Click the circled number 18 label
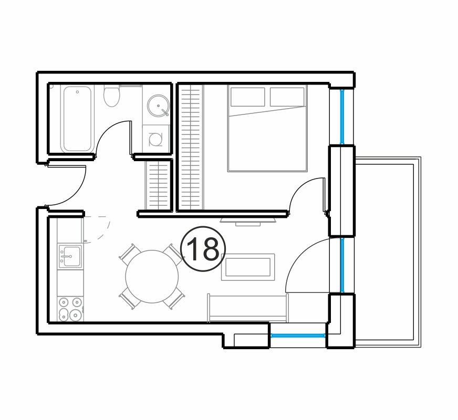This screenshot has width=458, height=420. coord(203,249)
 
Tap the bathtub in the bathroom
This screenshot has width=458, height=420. coord(77,119)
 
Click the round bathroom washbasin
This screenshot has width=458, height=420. coord(158,106)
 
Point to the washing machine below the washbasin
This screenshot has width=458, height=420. coord(155,139)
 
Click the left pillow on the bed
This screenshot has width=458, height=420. coord(248,97)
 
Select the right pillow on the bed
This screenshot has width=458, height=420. coord(287,97)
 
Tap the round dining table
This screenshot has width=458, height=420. coord(152,276)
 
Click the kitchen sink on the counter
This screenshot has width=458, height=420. coord(70,256)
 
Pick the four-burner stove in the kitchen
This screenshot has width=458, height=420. coord(70,309)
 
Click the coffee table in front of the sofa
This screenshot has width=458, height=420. coord(248,267)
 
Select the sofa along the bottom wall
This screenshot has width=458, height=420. coord(248,308)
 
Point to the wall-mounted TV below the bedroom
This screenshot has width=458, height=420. coord(248,220)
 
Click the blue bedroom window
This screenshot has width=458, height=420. coord(342,117)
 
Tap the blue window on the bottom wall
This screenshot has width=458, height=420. coord(298,335)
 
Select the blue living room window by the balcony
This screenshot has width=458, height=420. coord(342,265)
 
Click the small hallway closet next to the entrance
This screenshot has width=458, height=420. coord(158,185)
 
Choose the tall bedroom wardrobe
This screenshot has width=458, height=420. coord(191,147)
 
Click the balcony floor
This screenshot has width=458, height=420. coord(384,252)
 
